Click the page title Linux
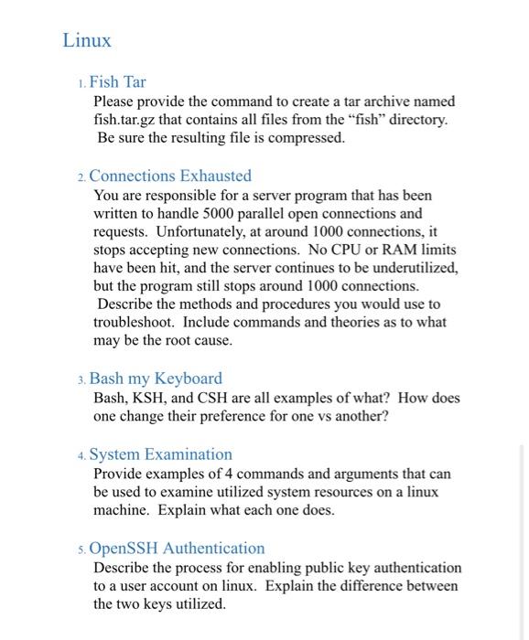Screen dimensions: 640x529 point(87,41)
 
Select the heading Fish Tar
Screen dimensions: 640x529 point(117,82)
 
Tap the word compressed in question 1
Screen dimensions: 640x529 point(309,138)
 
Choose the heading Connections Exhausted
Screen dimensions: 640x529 point(170,176)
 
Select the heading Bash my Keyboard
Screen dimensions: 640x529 point(156,379)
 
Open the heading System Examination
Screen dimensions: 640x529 point(161,454)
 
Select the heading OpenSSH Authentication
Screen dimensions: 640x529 point(178,549)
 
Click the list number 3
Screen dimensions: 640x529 point(81,379)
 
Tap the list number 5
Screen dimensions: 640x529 point(81,549)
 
